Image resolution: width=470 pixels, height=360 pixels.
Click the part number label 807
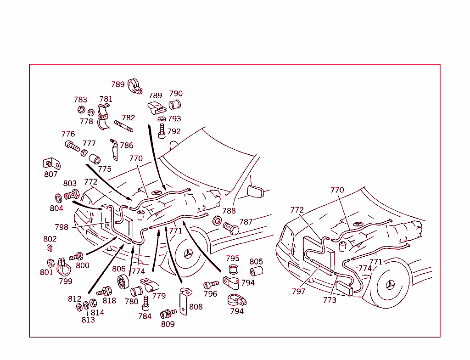click(x=51, y=174)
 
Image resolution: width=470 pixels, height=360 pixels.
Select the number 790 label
click(x=176, y=94)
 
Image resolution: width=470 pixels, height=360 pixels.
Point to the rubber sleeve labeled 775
click(x=95, y=159)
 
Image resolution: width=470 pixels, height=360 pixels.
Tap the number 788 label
click(x=229, y=211)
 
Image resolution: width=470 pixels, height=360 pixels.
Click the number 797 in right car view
click(x=298, y=291)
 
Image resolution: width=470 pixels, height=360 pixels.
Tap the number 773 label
click(x=329, y=300)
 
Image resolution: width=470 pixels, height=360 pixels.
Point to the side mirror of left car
click(x=256, y=191)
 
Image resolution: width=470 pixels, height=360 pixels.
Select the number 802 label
click(x=50, y=239)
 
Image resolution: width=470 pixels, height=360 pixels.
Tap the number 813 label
click(x=88, y=320)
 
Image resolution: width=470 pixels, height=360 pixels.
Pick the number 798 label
click(x=61, y=227)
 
